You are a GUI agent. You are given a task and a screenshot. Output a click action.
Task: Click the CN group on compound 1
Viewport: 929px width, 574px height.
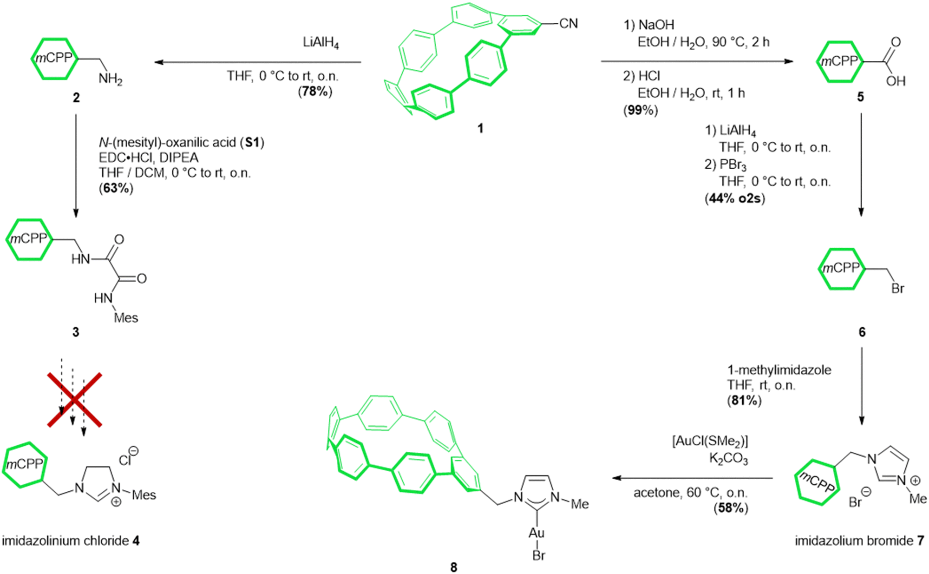(x=568, y=23)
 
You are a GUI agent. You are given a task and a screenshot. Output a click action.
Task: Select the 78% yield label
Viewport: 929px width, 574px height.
(x=315, y=91)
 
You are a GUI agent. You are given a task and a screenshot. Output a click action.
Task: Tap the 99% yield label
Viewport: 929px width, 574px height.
(x=641, y=110)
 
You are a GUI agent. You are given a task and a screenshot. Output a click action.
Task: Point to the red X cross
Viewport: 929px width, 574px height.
(x=74, y=400)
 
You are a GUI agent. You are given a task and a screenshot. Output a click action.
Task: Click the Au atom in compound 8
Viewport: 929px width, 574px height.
(x=536, y=533)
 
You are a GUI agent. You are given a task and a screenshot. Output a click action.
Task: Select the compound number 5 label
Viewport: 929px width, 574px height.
(x=860, y=97)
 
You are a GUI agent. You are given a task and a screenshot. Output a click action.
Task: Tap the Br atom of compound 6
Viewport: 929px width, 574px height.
(x=897, y=289)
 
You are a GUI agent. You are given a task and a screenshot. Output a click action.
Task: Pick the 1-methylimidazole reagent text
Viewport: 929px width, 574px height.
(x=779, y=370)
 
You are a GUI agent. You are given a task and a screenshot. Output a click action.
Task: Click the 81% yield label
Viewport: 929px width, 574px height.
(x=744, y=400)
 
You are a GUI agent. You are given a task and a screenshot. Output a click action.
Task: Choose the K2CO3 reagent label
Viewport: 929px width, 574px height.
(x=728, y=459)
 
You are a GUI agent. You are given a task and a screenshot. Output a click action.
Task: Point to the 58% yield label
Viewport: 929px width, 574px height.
(x=731, y=508)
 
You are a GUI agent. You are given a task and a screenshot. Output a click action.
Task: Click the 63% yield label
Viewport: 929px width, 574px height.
(x=116, y=188)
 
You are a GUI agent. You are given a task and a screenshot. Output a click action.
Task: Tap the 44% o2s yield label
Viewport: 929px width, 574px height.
(x=735, y=198)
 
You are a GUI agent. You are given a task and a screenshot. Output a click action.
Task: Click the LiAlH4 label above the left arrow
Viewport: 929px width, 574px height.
(x=321, y=43)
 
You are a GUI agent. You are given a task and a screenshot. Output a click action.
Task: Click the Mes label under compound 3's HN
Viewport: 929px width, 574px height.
(x=126, y=318)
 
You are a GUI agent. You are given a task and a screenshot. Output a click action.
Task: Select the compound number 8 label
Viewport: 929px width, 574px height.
(x=453, y=567)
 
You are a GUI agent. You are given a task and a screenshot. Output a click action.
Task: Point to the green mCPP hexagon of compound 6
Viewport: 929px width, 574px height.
(x=841, y=269)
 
